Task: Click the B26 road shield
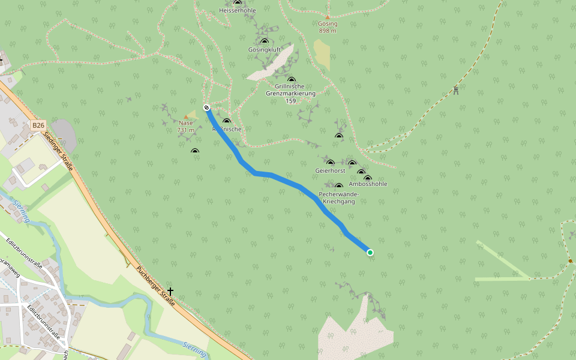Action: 38,125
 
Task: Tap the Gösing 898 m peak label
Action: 328,28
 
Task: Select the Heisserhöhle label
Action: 237,11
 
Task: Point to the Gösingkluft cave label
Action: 264,50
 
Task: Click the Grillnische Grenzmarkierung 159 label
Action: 291,94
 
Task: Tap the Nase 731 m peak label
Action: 186,127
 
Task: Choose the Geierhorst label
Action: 330,171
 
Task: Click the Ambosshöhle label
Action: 368,184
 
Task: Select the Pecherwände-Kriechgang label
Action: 339,198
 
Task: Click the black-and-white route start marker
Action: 207,108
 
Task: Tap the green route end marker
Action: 370,253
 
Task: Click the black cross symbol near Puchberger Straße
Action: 170,292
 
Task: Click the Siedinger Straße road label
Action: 58,151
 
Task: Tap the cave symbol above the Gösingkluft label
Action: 265,41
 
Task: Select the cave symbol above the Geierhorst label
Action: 330,163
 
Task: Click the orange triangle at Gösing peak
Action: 328,17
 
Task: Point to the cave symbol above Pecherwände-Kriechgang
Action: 339,186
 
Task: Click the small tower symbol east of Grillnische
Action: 456,91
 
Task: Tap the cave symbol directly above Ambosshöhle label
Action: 368,178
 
